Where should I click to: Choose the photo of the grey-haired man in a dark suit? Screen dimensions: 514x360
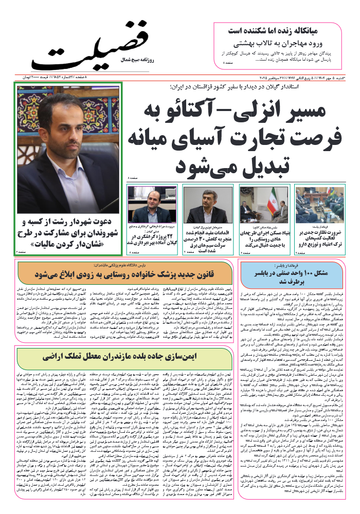click(208, 203)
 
